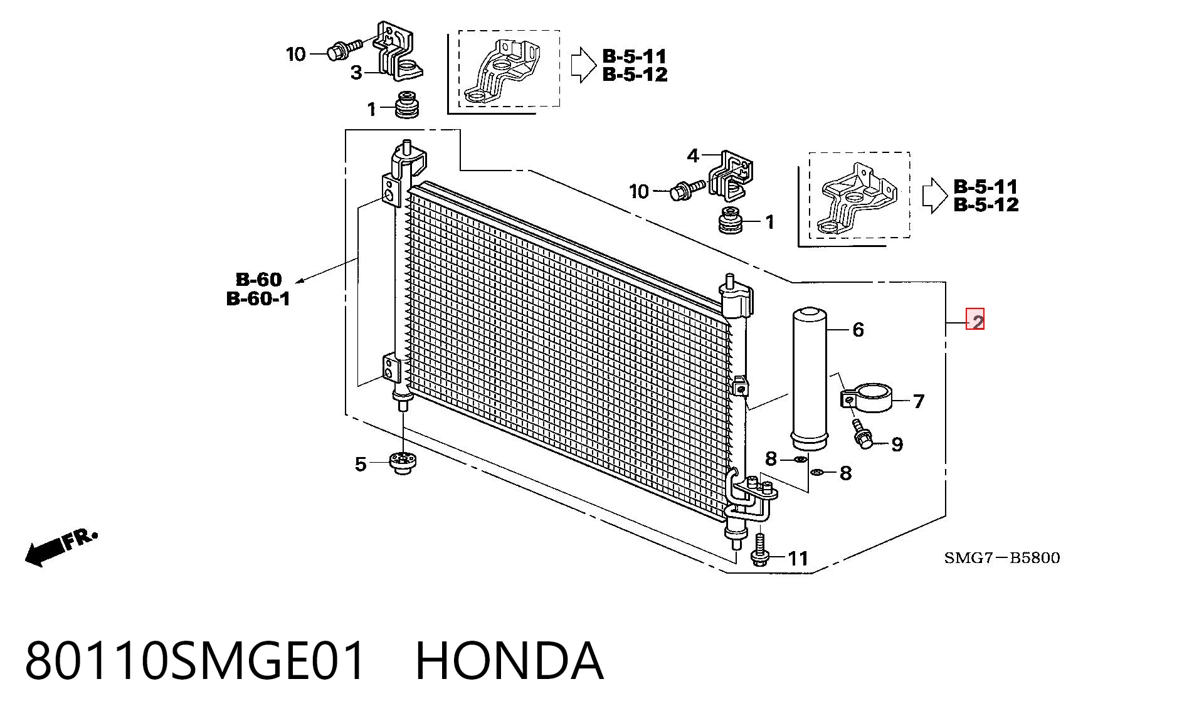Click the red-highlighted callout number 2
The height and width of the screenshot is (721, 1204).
(x=975, y=320)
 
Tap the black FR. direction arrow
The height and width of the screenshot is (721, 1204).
(x=60, y=547)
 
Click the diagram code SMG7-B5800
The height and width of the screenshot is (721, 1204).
(x=1002, y=557)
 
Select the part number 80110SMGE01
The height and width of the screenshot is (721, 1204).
(x=195, y=661)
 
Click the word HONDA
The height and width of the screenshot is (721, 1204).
(x=509, y=661)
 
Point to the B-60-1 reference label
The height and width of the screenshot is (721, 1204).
(x=258, y=298)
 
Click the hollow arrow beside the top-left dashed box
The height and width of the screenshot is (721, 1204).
(x=583, y=65)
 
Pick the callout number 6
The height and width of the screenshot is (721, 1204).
(x=857, y=329)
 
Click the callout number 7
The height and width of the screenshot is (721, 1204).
(x=918, y=401)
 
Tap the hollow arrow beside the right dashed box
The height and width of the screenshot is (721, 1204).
(x=934, y=196)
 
